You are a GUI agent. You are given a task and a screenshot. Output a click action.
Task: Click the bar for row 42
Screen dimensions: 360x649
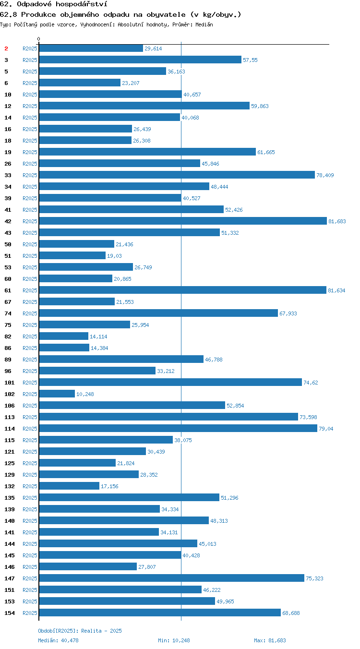(183, 221)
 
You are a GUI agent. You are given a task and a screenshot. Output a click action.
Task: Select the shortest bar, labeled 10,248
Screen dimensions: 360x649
(57, 394)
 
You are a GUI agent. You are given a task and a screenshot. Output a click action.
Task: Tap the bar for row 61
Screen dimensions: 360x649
(183, 290)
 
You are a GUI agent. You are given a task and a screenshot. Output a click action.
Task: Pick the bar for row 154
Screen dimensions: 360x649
(160, 613)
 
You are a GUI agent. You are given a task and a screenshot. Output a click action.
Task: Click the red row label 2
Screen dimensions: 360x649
(6, 48)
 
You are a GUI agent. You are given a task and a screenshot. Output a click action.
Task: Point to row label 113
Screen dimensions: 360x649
(9, 417)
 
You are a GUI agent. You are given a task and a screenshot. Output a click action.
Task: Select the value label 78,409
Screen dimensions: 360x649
(325, 175)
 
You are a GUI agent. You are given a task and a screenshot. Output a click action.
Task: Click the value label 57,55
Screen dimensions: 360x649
(250, 60)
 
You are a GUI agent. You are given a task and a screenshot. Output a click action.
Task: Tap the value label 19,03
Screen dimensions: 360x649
(114, 256)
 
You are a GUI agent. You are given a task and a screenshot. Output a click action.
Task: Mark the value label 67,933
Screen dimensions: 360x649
(288, 313)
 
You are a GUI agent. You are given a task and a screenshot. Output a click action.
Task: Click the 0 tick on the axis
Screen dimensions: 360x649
(38, 39)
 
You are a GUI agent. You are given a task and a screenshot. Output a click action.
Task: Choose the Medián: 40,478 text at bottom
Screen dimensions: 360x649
(58, 640)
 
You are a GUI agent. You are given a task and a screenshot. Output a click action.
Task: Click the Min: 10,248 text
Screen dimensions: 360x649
(174, 640)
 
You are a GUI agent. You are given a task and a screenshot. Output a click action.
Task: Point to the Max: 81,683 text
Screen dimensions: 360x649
(270, 640)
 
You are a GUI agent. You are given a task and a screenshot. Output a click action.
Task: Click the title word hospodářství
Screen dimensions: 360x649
(82, 4)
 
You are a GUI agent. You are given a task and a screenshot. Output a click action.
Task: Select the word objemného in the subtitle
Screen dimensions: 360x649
(80, 14)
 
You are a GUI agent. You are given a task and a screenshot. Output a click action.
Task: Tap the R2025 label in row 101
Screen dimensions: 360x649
(30, 383)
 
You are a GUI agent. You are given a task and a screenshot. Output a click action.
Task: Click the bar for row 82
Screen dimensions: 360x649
(64, 336)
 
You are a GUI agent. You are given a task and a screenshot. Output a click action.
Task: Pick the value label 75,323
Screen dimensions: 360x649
(314, 578)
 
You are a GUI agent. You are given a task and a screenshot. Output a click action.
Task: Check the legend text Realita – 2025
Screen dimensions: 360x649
(101, 631)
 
